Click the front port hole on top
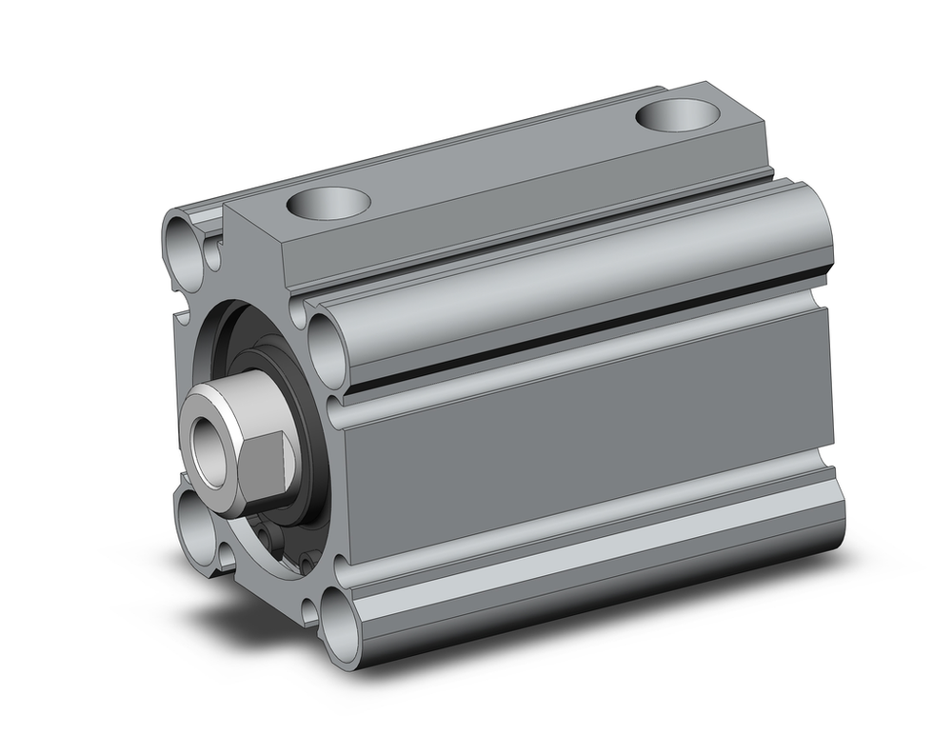(x=327, y=202)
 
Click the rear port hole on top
(x=675, y=115)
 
